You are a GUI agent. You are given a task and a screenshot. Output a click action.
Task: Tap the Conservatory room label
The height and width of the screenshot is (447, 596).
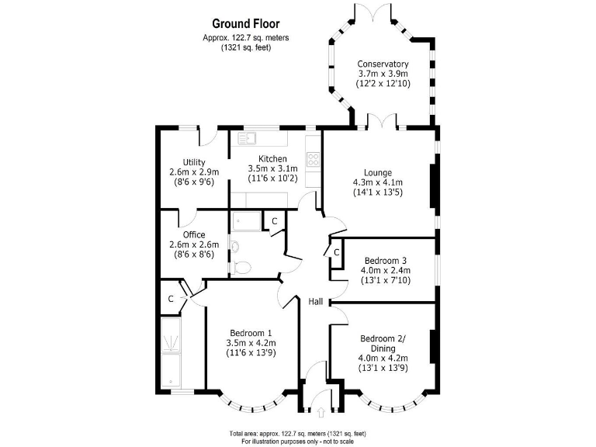[x=383, y=64]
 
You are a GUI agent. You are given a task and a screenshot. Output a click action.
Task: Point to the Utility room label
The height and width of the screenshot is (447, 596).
[x=194, y=162]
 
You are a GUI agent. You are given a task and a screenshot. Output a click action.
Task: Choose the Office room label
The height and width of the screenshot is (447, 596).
[x=194, y=234]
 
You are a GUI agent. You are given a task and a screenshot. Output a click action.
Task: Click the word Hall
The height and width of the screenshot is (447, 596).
[x=316, y=301]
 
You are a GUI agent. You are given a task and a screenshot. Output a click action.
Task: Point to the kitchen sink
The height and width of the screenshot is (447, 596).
[x=248, y=140]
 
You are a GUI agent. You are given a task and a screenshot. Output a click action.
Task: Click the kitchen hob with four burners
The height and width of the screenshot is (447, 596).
[x=314, y=159]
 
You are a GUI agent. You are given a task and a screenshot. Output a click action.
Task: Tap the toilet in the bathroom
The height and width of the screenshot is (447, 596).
[x=241, y=267]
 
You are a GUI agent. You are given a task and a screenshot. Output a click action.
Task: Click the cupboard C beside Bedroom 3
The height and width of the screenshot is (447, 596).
[x=336, y=252]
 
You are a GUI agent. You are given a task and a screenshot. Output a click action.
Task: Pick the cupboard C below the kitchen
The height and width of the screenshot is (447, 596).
[x=274, y=221]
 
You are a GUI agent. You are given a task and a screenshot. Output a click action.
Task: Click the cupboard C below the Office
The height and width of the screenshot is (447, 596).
[x=171, y=298]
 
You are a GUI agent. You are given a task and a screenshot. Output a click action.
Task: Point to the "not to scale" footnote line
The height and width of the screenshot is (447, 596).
[x=297, y=441]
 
